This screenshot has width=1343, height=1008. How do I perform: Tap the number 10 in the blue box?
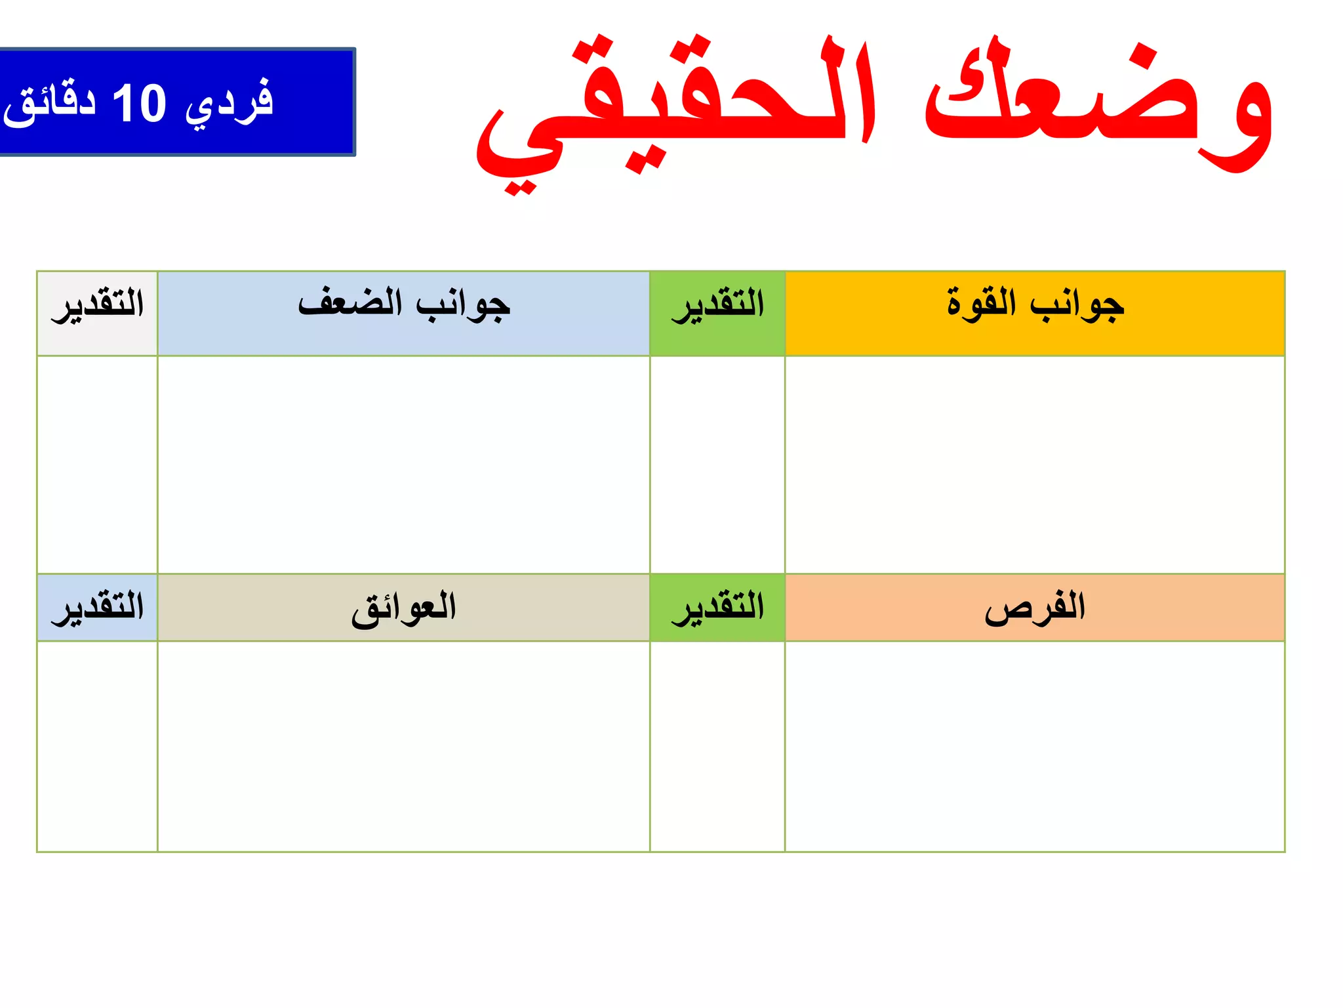tap(139, 104)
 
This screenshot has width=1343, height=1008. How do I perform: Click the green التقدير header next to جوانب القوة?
tap(717, 306)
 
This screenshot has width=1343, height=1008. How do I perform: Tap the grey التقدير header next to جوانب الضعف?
tap(97, 306)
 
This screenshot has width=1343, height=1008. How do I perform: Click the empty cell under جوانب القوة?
tap(1034, 465)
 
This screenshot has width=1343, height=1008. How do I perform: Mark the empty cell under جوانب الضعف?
tap(403, 465)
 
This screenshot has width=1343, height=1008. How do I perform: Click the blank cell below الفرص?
tap(1034, 746)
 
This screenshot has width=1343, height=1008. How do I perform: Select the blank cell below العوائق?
tap(403, 746)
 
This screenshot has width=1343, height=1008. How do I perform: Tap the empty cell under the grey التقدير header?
tap(97, 465)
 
